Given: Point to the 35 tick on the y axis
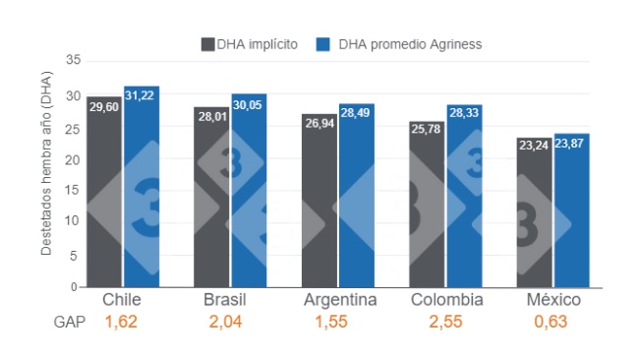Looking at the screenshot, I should click(x=72, y=61).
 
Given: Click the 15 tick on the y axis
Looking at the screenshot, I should click(x=72, y=190).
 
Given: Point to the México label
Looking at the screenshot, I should click(x=552, y=300).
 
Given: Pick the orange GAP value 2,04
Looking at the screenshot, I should click(x=225, y=322).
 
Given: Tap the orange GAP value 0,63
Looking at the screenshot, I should click(x=552, y=322).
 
